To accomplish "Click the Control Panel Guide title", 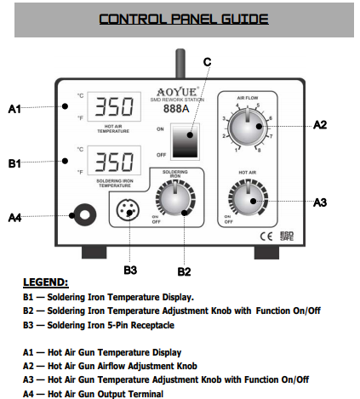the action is pos(184,19).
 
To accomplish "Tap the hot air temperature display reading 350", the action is pos(114,106).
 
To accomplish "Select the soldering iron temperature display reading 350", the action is pos(114,161).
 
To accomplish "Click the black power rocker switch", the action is pos(185,140).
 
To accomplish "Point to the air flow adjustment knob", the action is pos(248,127).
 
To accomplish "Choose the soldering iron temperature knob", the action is pos(175,198).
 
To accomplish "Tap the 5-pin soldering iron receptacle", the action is pos(128,210).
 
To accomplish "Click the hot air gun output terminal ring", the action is pos(85,215).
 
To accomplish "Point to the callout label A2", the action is pos(320,125).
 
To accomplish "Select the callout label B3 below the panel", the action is pos(130,270).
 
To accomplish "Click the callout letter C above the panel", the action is pos(208,62).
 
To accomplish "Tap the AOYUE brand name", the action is pos(177,92).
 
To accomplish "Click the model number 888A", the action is pos(176,109).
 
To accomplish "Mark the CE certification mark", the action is pos(266,237).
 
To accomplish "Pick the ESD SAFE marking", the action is pos(287,237).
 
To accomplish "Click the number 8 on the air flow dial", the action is pos(259,151).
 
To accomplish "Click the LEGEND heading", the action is pos(46,282).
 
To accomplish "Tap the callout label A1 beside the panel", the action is pos(14,109).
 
